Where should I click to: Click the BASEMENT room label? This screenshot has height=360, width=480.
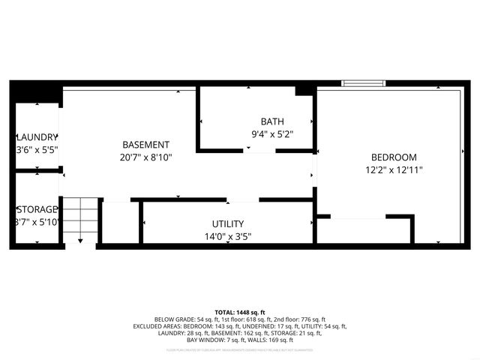[x=146, y=145]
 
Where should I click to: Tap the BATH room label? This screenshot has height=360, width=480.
[x=271, y=121]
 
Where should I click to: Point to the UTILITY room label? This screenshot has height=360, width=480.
[x=227, y=224]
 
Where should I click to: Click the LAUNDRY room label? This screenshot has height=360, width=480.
[x=37, y=137]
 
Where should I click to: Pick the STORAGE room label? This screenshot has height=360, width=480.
[x=37, y=209]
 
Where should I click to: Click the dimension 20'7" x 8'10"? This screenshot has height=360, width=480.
[x=146, y=157]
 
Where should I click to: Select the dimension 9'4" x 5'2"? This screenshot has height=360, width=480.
[x=271, y=135]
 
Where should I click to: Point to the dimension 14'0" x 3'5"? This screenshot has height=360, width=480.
[x=227, y=237]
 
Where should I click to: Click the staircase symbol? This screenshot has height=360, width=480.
[x=79, y=220]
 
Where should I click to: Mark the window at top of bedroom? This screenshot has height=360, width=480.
[x=364, y=83]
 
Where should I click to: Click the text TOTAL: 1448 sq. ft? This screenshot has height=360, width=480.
[x=240, y=312]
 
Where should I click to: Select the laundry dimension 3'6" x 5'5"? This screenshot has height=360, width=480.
[x=37, y=150]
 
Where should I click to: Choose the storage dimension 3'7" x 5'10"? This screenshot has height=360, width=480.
[x=37, y=222]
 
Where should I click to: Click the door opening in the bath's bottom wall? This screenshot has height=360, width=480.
[x=261, y=151]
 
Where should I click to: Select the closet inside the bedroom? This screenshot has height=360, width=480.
[x=363, y=230]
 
